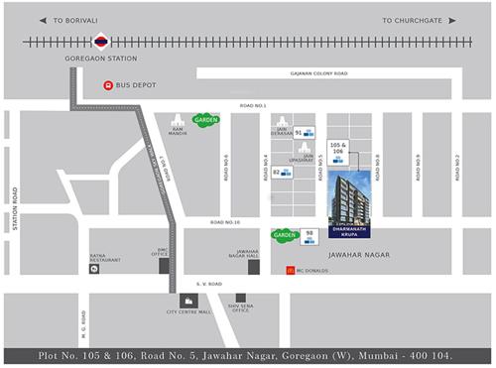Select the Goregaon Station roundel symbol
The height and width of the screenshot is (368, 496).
pos(100,42)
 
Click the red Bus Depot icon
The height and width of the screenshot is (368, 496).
pos(107,85)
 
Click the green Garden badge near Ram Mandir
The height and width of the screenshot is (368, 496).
pos(205,120)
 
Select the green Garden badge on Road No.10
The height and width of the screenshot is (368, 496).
pos(285,236)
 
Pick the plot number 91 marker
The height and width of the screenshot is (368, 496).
pos(299,132)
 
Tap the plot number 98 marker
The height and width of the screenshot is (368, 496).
pos(310,234)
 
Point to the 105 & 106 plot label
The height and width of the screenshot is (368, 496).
pos(338,150)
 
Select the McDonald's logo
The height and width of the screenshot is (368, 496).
pos(290,270)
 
